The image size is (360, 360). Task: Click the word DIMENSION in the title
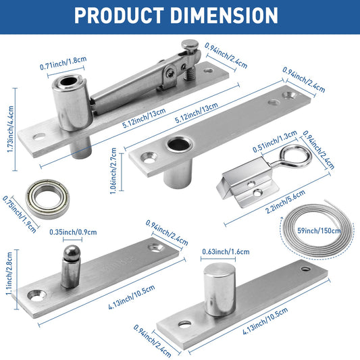(224, 16)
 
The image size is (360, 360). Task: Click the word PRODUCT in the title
(119, 16)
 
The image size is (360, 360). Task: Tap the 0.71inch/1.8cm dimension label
(63, 63)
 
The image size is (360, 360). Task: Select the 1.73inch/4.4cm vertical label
(10, 129)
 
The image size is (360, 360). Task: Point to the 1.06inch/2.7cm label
(113, 171)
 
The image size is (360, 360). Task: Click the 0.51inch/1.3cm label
(275, 141)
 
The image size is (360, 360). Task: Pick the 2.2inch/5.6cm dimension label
(285, 201)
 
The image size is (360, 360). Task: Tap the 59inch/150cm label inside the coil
(319, 230)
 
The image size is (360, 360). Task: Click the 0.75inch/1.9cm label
(20, 214)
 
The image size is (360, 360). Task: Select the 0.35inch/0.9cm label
(73, 232)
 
